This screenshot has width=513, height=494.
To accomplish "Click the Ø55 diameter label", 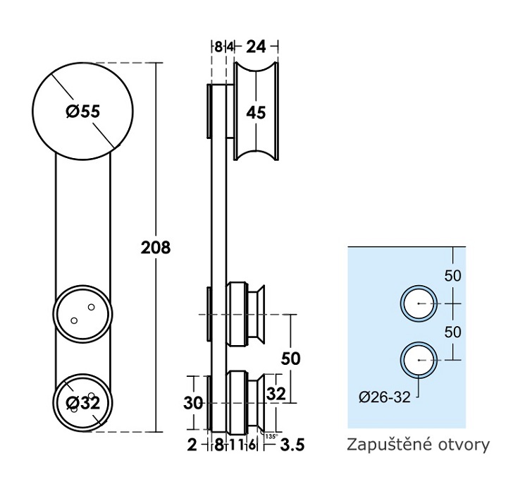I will pos(82,112).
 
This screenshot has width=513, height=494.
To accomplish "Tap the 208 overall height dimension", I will pos(156,248).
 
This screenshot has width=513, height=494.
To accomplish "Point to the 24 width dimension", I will pos(256,47).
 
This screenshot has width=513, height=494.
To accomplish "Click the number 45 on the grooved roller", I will pos(256,112).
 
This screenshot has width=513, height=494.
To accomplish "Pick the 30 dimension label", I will pos(193,403).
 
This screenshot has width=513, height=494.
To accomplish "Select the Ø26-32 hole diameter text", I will pos(384,397).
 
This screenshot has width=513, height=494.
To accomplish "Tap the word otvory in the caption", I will pos(464,445).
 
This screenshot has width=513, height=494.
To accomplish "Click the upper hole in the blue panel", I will pos(419,303).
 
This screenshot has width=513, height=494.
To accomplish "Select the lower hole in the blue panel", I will pos(419,359).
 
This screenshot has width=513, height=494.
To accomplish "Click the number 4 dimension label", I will pos(230,47).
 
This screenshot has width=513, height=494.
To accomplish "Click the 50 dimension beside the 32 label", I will pos(290,359).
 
